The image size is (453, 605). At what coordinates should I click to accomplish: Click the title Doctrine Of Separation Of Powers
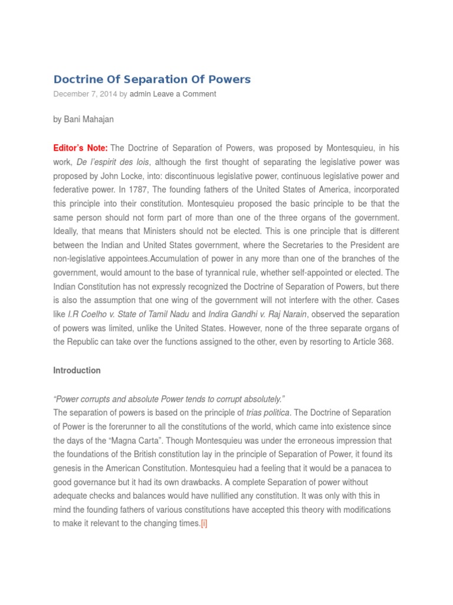152,79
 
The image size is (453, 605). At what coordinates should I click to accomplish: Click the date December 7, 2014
86,94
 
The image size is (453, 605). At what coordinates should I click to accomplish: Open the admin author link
140,94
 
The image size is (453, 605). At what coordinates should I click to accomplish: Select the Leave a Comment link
185,94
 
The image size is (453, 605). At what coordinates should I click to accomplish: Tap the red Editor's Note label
80,148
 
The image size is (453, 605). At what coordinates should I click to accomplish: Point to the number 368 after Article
384,342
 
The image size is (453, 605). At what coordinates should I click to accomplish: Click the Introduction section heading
77,370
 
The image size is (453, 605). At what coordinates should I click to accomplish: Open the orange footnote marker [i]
203,523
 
